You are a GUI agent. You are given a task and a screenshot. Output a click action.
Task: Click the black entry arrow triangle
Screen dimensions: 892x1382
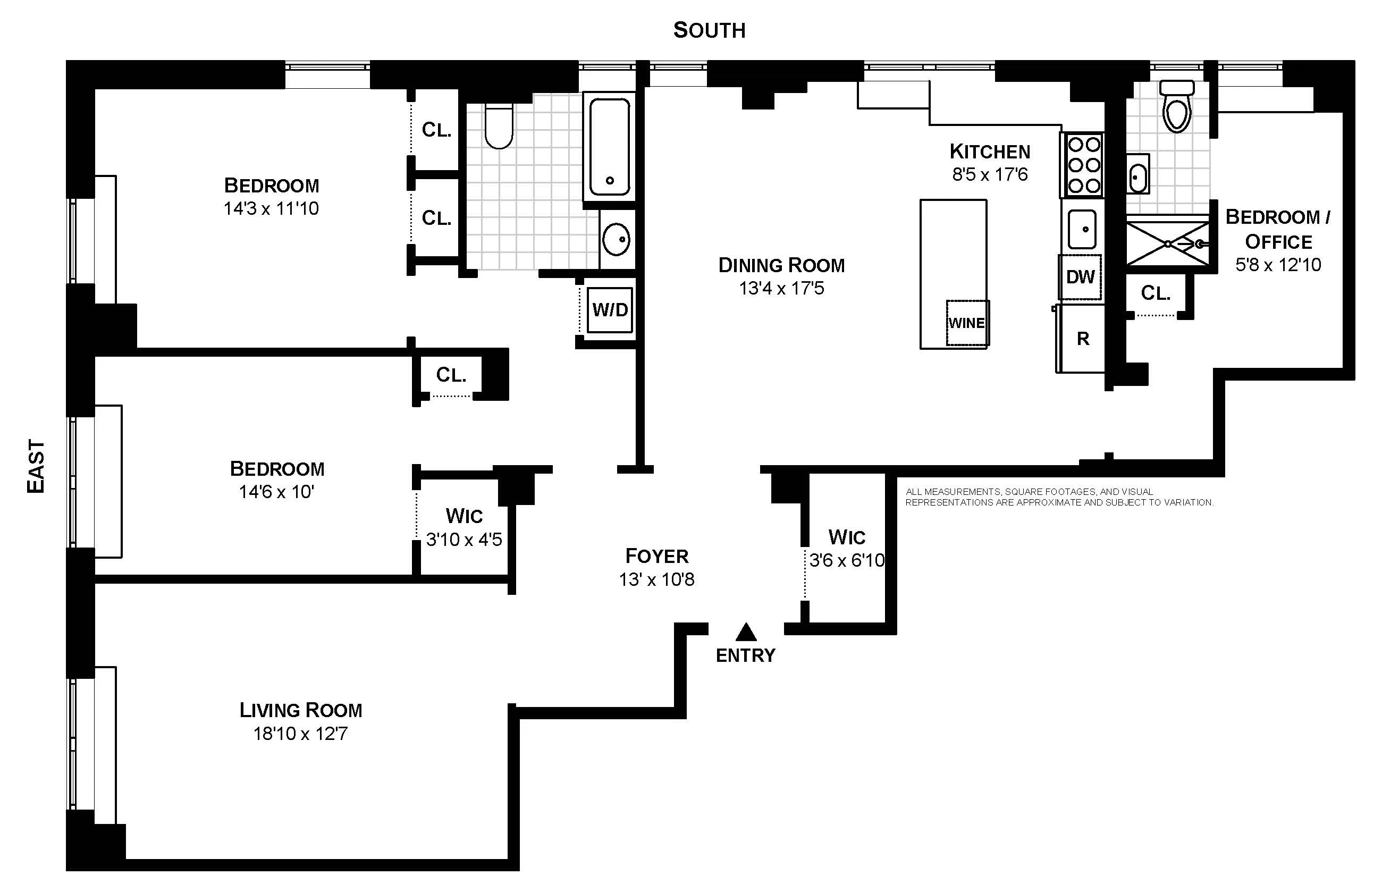click(x=746, y=632)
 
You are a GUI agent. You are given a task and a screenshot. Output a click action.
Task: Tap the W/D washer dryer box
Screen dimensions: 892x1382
click(x=610, y=310)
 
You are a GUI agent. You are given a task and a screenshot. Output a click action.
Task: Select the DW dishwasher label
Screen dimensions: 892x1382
click(x=1080, y=277)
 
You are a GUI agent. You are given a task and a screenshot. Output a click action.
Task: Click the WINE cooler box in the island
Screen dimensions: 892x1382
click(x=967, y=323)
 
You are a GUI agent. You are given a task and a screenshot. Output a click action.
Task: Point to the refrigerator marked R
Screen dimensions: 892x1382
click(x=1082, y=339)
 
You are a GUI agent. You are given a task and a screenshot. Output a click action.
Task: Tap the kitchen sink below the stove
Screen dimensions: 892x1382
click(x=1082, y=229)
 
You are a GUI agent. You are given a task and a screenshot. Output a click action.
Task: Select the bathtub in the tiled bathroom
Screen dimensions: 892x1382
click(x=609, y=147)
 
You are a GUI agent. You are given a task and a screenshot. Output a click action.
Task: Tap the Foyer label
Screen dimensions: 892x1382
click(x=657, y=557)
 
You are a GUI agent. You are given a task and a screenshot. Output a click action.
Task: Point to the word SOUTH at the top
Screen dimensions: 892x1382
click(x=709, y=30)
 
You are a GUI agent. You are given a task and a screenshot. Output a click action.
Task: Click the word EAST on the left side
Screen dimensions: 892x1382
click(x=36, y=466)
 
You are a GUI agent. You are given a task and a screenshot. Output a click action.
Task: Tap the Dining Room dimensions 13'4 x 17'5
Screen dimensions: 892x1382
click(x=781, y=289)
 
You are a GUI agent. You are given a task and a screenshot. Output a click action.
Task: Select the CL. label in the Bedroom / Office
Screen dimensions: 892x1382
click(x=1156, y=293)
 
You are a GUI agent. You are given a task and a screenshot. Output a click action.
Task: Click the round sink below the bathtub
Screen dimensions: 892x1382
click(x=616, y=239)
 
